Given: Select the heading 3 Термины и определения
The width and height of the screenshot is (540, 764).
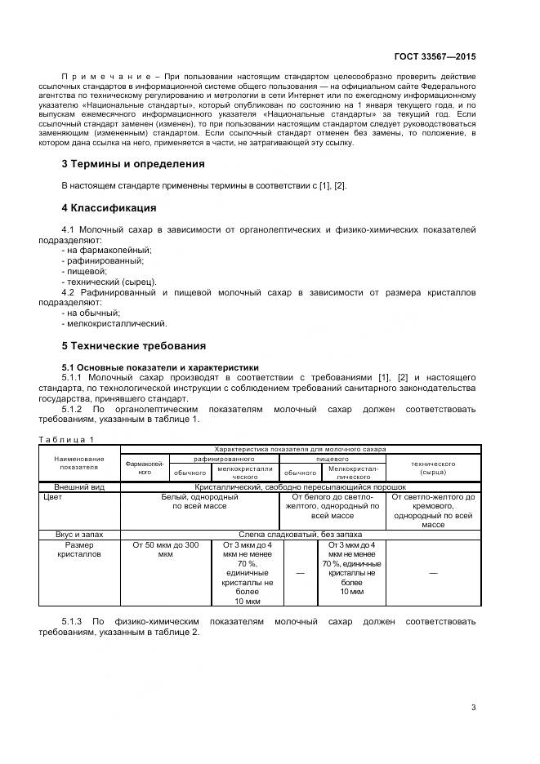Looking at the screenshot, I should click(133, 163).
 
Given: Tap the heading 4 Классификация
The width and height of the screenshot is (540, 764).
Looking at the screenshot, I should click(109, 207).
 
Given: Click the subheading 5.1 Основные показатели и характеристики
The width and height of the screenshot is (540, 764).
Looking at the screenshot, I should click(160, 366).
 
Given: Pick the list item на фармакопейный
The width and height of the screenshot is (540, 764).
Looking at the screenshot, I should click(112, 250).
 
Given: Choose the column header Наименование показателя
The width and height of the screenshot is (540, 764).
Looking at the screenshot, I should click(79, 464).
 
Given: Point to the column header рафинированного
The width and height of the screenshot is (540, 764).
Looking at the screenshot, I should click(224, 460).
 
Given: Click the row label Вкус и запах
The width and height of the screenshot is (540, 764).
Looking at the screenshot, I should click(80, 533).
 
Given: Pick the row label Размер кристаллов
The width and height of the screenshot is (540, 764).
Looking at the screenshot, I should click(80, 549).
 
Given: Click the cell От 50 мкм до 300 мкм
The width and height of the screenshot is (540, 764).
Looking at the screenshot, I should click(165, 549).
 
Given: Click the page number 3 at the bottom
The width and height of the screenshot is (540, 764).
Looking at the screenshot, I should click(474, 708).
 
